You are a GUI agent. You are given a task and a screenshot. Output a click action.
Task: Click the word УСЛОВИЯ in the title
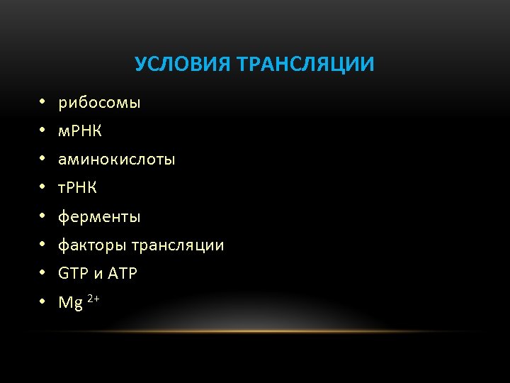click(x=181, y=65)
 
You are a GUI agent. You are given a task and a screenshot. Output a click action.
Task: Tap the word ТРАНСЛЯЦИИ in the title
click(x=306, y=65)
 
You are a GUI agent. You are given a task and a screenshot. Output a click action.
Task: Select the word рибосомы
click(x=99, y=104)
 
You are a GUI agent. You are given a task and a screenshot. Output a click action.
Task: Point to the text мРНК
click(x=80, y=131)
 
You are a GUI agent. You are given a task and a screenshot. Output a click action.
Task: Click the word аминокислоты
click(x=116, y=160)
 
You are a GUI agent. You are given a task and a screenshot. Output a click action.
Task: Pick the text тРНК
click(x=77, y=188)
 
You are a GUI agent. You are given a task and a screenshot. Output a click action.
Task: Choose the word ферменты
click(x=99, y=216)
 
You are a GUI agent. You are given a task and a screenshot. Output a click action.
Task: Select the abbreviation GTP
click(x=72, y=274)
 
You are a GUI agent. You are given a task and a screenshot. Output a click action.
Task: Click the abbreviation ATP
click(x=123, y=274)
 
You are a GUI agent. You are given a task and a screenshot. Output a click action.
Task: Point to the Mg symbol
click(x=71, y=304)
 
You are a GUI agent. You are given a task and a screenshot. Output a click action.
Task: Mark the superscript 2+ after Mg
click(x=93, y=298)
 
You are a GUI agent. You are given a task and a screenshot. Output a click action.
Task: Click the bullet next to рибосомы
click(x=42, y=104)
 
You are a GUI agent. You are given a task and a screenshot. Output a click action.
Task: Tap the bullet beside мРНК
click(x=42, y=132)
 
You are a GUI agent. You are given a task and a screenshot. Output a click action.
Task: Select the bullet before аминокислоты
click(x=42, y=160)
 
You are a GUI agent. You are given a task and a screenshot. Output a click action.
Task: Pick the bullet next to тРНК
click(x=42, y=189)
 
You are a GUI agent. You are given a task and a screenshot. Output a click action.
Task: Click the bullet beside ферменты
click(x=42, y=217)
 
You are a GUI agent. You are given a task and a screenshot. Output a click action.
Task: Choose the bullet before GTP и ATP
click(x=42, y=274)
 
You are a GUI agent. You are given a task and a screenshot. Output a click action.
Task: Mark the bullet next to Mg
click(x=42, y=303)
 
